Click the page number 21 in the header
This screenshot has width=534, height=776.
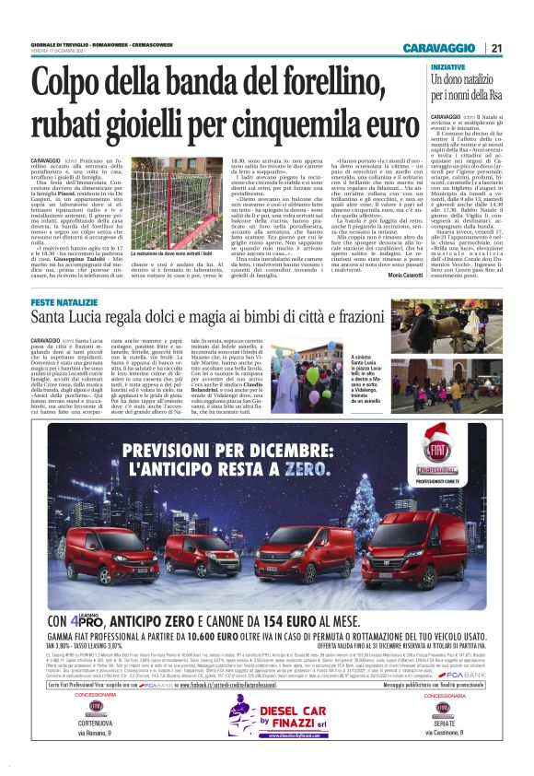495,48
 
